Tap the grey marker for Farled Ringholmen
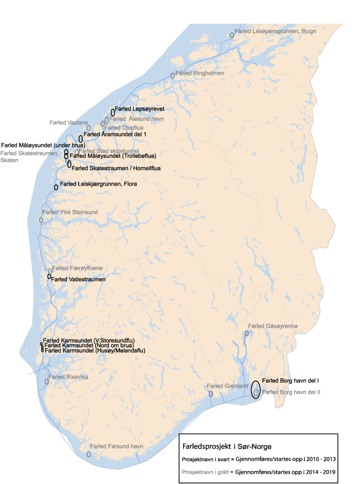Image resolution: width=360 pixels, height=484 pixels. coord(173,76)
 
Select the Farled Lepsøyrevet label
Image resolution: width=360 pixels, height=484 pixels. coord(139,109)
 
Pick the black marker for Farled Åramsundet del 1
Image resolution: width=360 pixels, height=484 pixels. coord(81,138)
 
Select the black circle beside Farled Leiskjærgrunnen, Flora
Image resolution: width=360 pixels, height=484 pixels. coord(56,187)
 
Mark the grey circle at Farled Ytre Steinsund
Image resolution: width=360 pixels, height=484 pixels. coord(41,220)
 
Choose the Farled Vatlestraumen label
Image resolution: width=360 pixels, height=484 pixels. coord(78,279)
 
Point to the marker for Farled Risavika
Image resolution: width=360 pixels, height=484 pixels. coord(47,382)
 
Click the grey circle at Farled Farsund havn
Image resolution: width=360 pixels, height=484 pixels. coord(89,454)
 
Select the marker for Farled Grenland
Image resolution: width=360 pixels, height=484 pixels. coord(211,393)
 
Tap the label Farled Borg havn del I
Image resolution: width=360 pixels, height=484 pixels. coord(291,381)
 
